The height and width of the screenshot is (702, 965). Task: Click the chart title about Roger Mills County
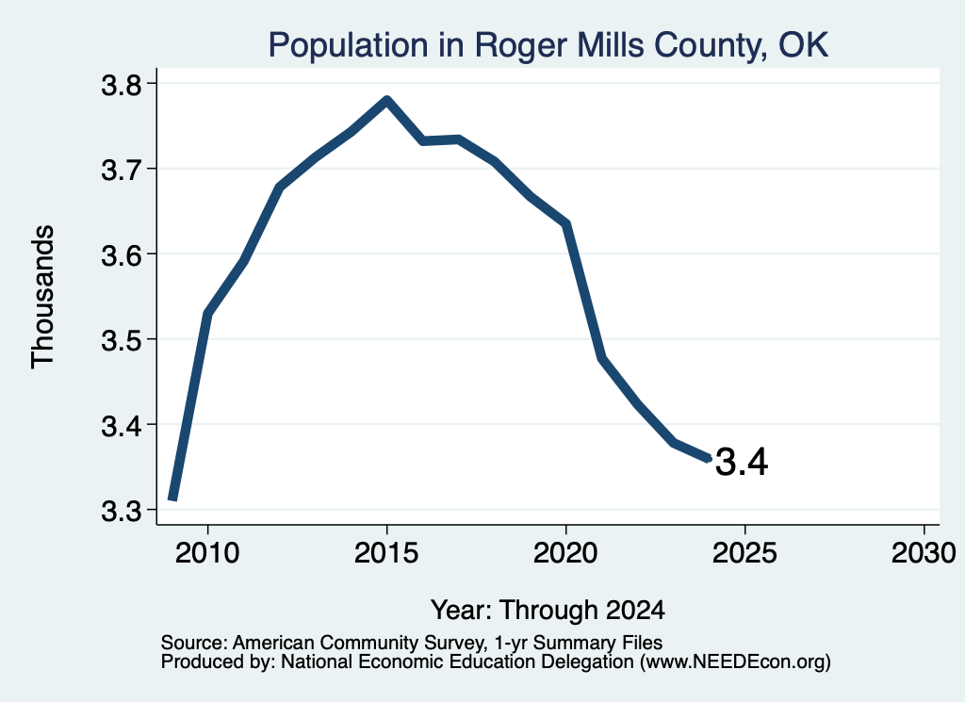click(548, 45)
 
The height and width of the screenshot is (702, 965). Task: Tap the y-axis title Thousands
click(42, 297)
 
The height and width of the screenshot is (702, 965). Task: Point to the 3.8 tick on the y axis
click(121, 85)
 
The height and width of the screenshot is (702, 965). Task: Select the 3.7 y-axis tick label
click(121, 170)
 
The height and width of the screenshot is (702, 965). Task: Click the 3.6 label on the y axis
click(121, 254)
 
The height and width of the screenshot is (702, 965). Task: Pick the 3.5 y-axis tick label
click(121, 340)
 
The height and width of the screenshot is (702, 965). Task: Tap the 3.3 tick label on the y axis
click(121, 511)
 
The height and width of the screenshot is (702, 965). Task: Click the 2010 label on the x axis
click(207, 553)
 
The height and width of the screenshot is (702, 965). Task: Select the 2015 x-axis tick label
click(386, 553)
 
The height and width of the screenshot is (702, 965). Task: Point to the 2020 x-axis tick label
click(565, 553)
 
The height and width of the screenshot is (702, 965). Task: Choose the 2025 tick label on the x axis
click(744, 553)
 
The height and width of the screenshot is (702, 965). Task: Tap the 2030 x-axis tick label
click(924, 553)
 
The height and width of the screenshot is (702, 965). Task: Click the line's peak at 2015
click(386, 100)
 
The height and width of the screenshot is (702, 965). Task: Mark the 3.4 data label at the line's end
click(742, 462)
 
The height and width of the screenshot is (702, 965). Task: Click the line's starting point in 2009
click(173, 498)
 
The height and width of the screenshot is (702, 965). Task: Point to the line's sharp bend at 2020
click(566, 224)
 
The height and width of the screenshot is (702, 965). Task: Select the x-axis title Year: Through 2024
click(548, 611)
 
